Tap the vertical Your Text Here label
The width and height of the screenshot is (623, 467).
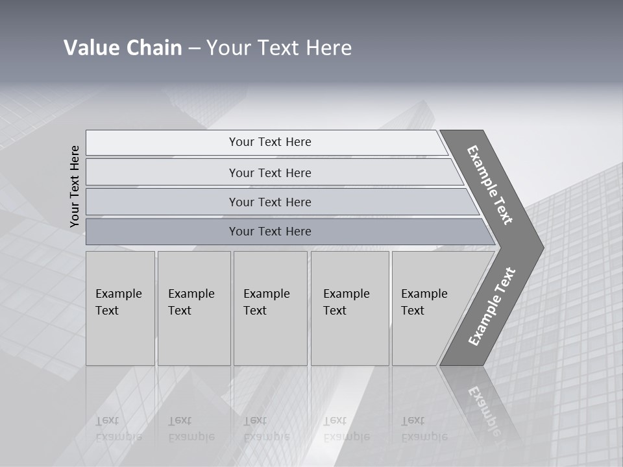pos(75,187)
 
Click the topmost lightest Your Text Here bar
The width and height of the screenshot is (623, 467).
pos(270,142)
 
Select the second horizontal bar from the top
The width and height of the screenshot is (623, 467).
pos(270,173)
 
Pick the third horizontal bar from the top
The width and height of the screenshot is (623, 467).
pos(270,202)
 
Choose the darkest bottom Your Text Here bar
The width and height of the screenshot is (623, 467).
pos(270,232)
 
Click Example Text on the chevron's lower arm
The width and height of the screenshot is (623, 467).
pos(492,307)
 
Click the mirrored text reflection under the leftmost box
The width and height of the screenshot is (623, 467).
pos(118,429)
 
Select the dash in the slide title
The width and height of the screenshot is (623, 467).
pos(194,48)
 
